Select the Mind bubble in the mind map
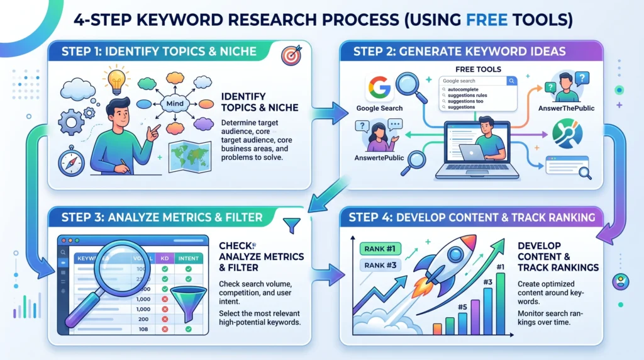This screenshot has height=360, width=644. click(172, 104)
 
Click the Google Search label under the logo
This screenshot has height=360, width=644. click(379, 108)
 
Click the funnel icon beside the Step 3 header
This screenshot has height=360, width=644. click(292, 225)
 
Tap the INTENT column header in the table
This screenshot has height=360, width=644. click(188, 257)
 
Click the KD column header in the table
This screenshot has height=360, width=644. click(164, 257)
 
